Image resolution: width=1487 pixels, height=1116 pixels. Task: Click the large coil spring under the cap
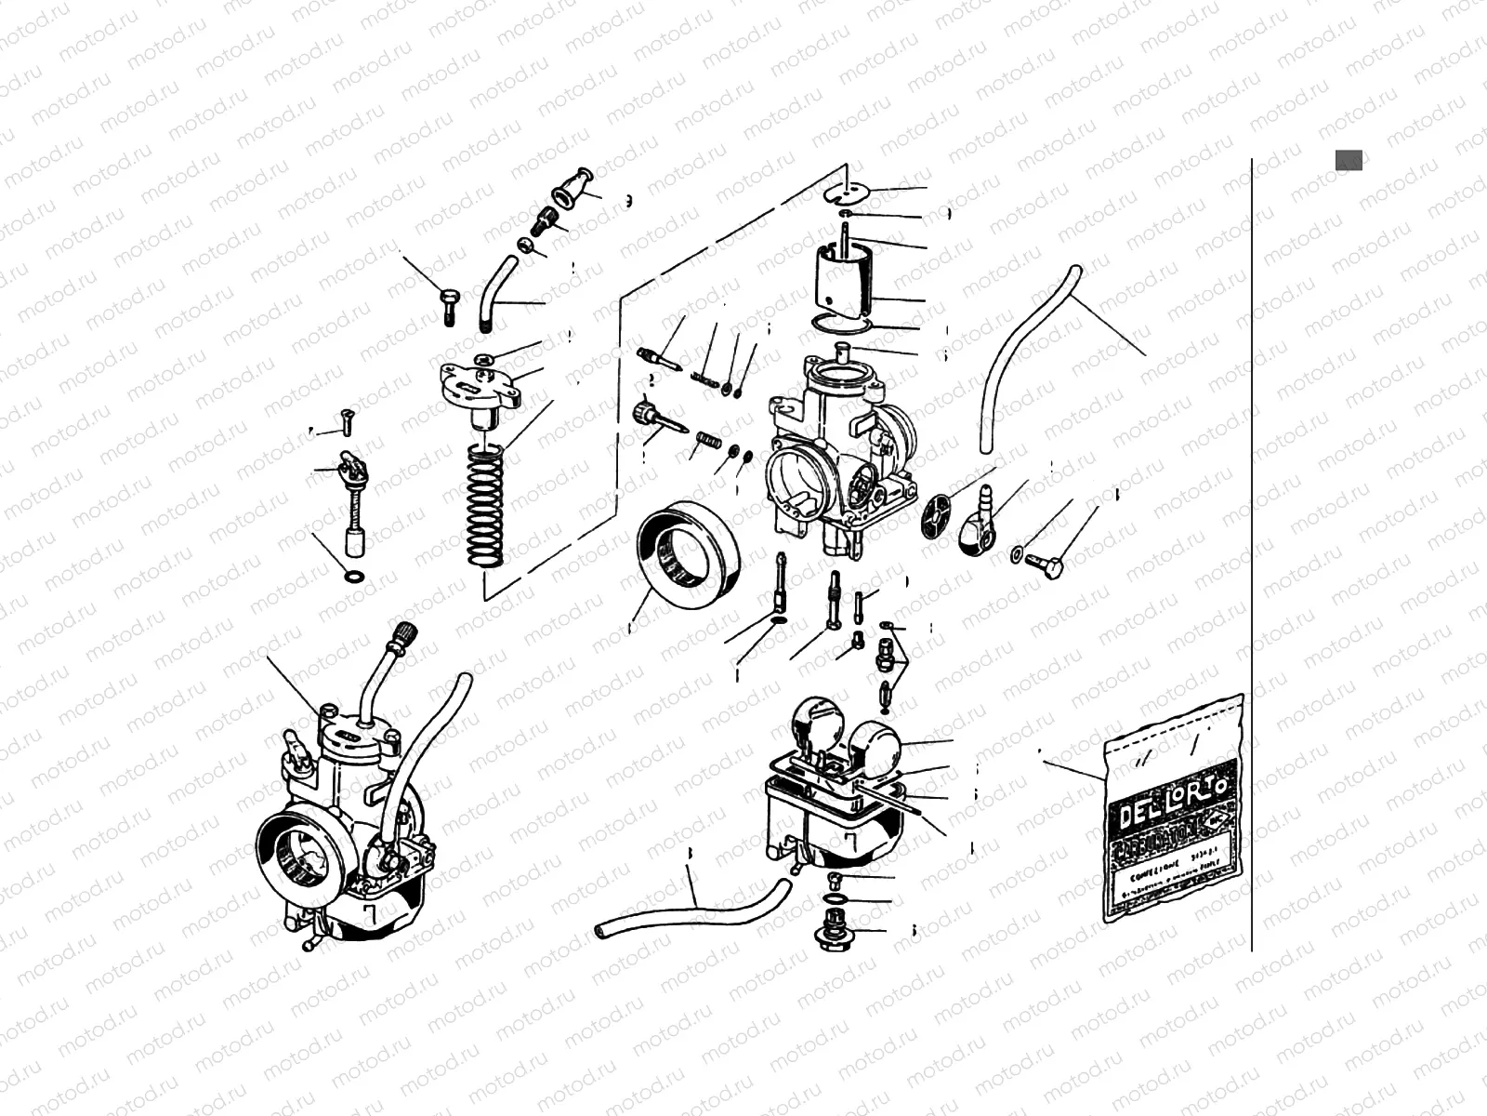pyautogui.click(x=485, y=507)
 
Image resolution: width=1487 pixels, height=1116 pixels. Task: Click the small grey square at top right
pyautogui.click(x=1349, y=160)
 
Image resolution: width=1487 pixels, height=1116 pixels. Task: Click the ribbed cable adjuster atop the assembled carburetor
pyautogui.click(x=407, y=637)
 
